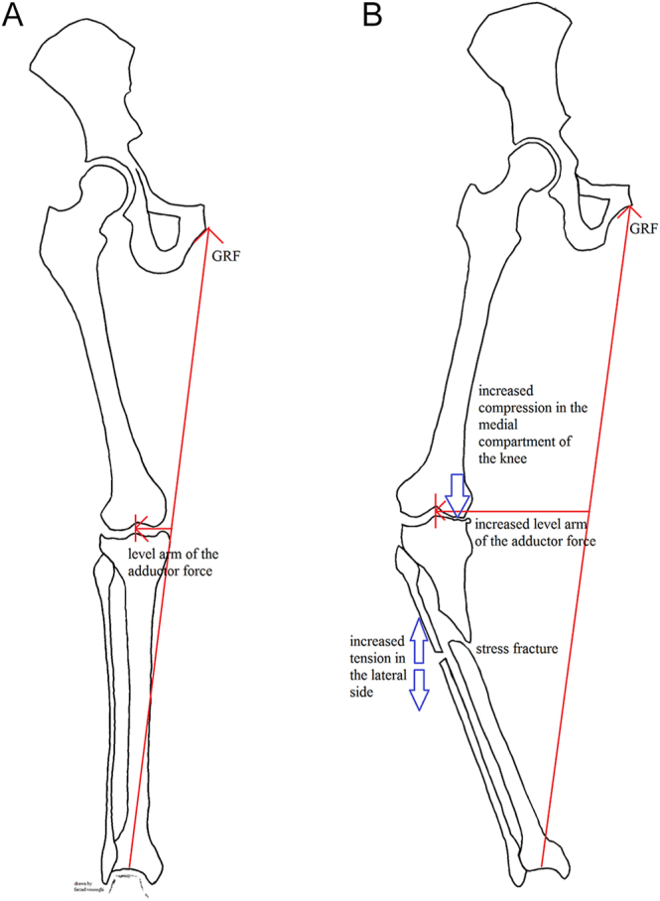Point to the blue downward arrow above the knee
[x=457, y=493]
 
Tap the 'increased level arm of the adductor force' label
[x=535, y=533]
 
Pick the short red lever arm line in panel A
[x=154, y=528]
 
